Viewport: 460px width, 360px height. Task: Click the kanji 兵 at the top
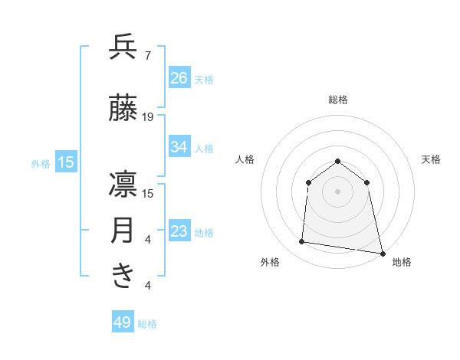123,48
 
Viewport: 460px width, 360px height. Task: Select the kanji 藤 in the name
123,110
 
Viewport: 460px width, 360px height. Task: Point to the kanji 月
123,231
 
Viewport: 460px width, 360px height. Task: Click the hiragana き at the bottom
123,277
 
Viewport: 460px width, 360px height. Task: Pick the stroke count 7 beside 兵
147,56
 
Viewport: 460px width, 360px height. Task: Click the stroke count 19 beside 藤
148,117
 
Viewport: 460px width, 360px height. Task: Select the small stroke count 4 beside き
147,286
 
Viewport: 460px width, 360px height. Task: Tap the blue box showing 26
179,77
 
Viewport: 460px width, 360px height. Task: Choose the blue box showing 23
179,231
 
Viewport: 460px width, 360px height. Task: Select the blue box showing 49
123,322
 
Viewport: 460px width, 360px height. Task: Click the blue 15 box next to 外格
66,162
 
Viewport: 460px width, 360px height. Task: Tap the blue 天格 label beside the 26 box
204,79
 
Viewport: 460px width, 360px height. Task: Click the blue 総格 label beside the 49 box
147,324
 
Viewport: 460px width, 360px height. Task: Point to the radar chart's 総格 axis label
337,100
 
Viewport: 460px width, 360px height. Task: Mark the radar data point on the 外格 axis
302,242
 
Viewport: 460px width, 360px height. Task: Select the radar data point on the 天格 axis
367,182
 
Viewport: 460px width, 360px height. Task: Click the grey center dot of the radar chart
337,191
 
